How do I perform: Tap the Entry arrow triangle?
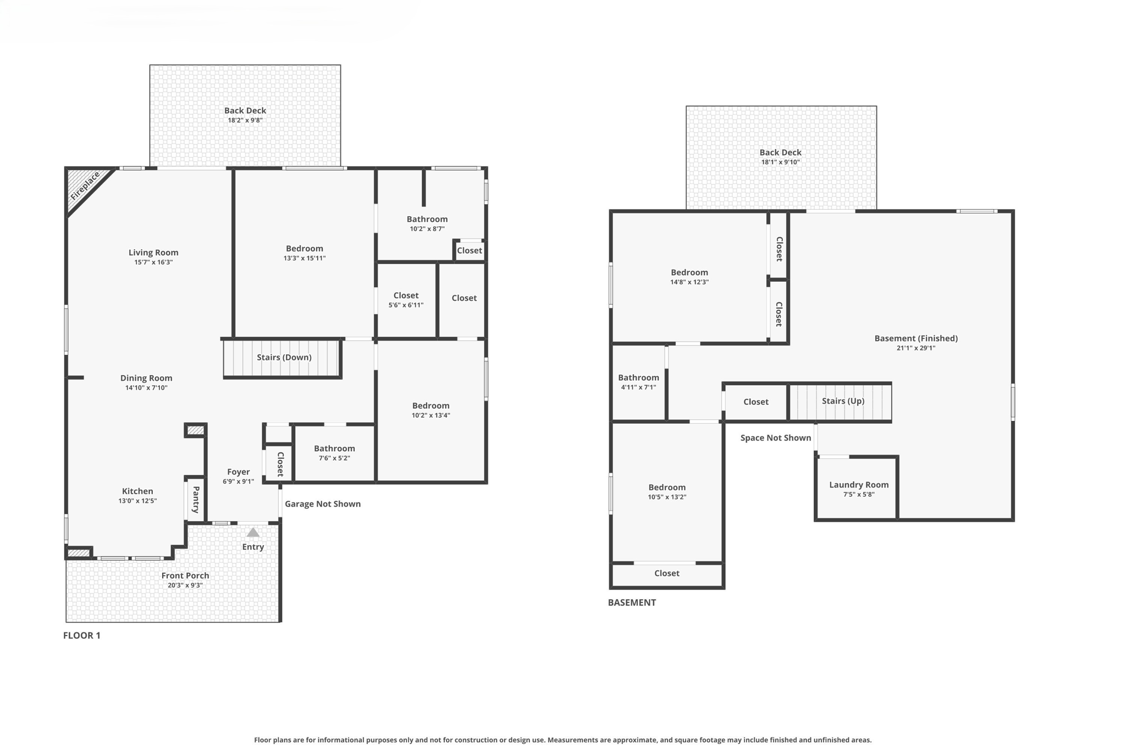tap(253, 533)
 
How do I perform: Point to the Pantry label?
tap(196, 500)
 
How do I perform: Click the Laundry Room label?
tap(859, 485)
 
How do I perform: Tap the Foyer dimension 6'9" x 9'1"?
tap(238, 481)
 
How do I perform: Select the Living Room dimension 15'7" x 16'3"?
tap(153, 262)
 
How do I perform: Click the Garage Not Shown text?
tap(323, 504)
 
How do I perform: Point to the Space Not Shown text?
tap(775, 438)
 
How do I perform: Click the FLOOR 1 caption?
tap(82, 635)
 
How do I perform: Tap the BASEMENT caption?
tap(632, 602)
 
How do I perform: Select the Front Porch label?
tap(185, 575)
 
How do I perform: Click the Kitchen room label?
tap(137, 491)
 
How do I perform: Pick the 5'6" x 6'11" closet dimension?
tap(406, 305)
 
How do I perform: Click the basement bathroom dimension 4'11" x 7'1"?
tap(638, 387)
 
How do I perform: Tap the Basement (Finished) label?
tap(916, 338)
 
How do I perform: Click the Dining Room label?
tap(146, 378)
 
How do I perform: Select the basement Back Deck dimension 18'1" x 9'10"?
tap(780, 162)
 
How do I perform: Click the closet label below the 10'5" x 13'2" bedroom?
tap(667, 573)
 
